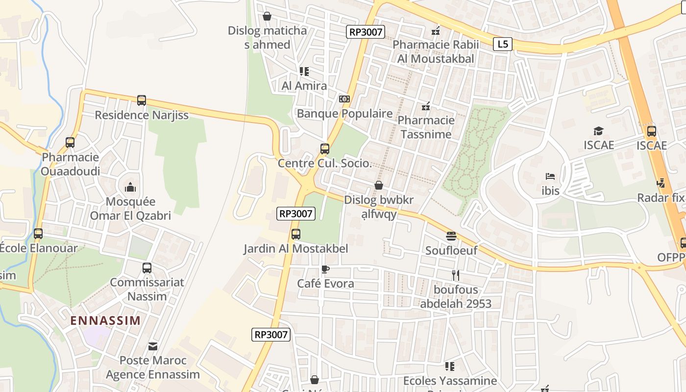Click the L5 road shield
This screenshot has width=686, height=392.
[x=502, y=44]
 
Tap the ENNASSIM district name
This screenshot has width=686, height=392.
[x=105, y=321]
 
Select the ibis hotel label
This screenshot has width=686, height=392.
[x=550, y=191]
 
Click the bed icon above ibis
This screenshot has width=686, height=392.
[x=550, y=176]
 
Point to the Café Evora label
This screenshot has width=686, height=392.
[x=325, y=283]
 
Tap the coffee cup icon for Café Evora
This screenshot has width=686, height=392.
[x=325, y=269]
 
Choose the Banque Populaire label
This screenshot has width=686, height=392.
[x=344, y=114]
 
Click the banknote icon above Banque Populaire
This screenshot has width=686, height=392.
[x=344, y=99]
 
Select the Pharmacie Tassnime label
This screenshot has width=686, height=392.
[x=426, y=127]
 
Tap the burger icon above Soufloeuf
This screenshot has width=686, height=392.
[x=451, y=236]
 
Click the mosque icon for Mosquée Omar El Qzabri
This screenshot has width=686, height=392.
[x=130, y=187]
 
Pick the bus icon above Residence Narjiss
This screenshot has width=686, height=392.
[x=142, y=100]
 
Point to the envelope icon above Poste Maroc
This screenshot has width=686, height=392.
[x=153, y=346]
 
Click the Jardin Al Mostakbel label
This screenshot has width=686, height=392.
[x=296, y=248]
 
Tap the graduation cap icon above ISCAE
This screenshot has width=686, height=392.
[x=598, y=131]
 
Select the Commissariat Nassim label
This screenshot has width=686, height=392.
[x=147, y=289]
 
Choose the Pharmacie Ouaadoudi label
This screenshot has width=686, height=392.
[x=70, y=164]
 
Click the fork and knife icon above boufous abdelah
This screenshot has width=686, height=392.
[x=455, y=275]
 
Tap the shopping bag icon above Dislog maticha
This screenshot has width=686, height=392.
[x=267, y=16]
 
